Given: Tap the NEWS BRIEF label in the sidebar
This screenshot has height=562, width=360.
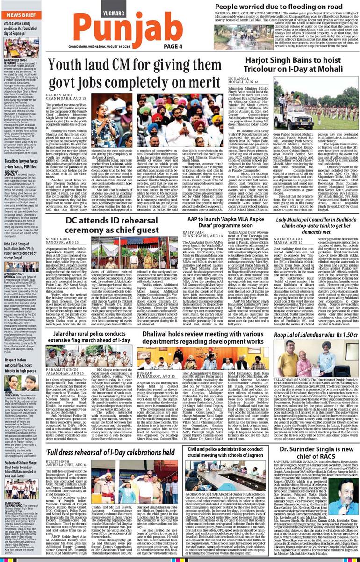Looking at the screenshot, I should coord(21,15).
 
